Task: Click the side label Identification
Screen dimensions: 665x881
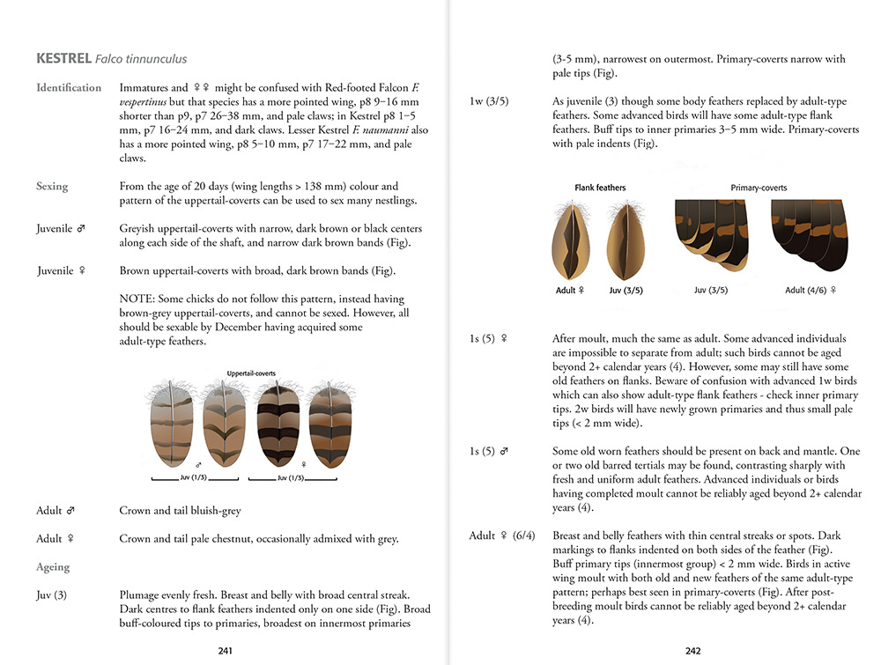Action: point(69,88)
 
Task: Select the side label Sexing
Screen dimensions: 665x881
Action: point(52,187)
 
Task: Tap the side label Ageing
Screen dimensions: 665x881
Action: point(53,567)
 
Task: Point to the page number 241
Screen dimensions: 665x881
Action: point(225,651)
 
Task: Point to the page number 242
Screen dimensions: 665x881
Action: point(692,651)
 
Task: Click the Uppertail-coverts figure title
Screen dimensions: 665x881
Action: point(251,373)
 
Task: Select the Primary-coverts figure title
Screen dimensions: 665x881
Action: point(759,188)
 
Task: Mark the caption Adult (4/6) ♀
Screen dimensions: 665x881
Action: point(811,290)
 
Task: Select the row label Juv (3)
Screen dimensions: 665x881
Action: point(52,595)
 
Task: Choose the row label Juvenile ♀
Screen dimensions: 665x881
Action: point(61,270)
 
